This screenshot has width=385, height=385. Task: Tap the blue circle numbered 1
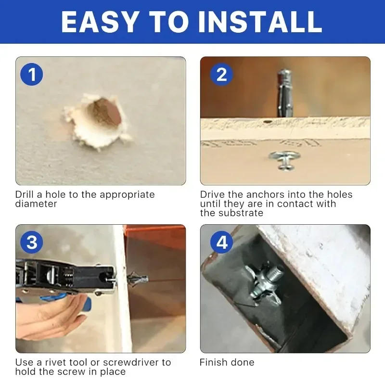[32, 75]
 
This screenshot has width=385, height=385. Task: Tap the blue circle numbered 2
[221, 75]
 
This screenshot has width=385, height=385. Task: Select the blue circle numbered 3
[32, 242]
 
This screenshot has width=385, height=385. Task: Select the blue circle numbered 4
[221, 242]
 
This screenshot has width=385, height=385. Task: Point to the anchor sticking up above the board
[283, 91]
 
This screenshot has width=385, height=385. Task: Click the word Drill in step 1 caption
[25, 195]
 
